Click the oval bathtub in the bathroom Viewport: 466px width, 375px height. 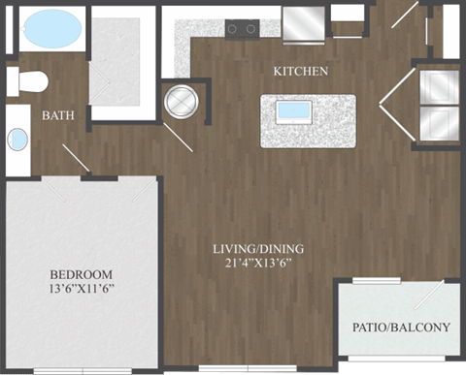[x=53, y=30]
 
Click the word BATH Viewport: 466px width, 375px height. [x=58, y=115]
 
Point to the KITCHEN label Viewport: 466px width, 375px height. [x=300, y=71]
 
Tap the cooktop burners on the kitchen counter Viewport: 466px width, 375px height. [x=241, y=28]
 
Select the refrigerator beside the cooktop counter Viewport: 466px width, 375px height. [x=305, y=21]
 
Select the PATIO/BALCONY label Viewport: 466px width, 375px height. [x=400, y=327]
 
